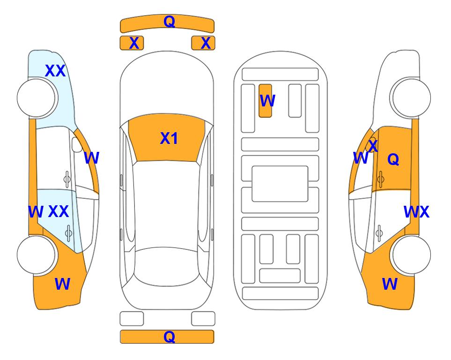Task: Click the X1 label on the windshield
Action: click(x=169, y=138)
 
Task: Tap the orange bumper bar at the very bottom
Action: click(x=167, y=337)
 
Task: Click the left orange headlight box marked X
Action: click(x=132, y=43)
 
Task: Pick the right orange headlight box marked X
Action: click(x=203, y=43)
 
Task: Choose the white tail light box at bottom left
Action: click(x=132, y=319)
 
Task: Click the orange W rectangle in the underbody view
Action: click(x=265, y=101)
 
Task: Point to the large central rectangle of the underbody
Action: click(x=280, y=184)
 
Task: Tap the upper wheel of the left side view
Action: click(x=37, y=98)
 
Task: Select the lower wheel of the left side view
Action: click(x=37, y=255)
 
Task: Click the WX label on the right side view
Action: click(x=416, y=212)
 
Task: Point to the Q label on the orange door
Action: click(x=393, y=159)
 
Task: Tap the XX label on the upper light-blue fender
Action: click(x=55, y=71)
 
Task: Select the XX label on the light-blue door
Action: click(x=59, y=211)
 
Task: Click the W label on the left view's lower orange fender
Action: click(x=62, y=284)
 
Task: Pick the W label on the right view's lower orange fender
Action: click(x=390, y=284)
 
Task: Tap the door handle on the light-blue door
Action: click(x=68, y=232)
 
